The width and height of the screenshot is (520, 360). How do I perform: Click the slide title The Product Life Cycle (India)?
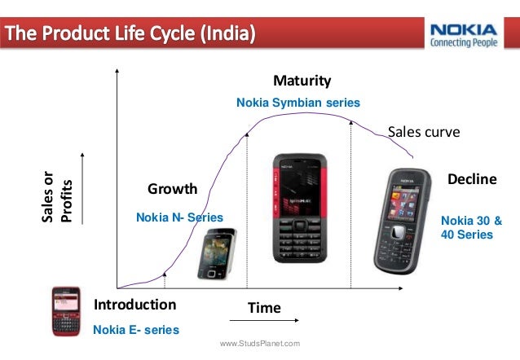click(x=131, y=34)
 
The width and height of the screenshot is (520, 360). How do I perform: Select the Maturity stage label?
click(x=302, y=81)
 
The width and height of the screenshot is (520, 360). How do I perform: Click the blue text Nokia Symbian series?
click(x=297, y=103)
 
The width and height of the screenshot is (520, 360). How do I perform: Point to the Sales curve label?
click(x=423, y=132)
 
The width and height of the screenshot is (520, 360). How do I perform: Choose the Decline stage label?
click(x=472, y=178)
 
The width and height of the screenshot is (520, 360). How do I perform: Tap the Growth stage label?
click(x=172, y=189)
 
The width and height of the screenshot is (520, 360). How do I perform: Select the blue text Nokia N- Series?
click(x=178, y=217)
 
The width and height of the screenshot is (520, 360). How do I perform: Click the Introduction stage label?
click(x=135, y=305)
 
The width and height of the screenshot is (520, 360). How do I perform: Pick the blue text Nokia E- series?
click(x=135, y=330)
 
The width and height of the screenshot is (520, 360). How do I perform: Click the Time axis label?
click(x=264, y=308)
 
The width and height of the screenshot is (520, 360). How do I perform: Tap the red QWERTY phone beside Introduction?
click(x=66, y=311)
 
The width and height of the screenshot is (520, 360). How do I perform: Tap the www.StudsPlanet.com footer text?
click(x=260, y=345)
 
